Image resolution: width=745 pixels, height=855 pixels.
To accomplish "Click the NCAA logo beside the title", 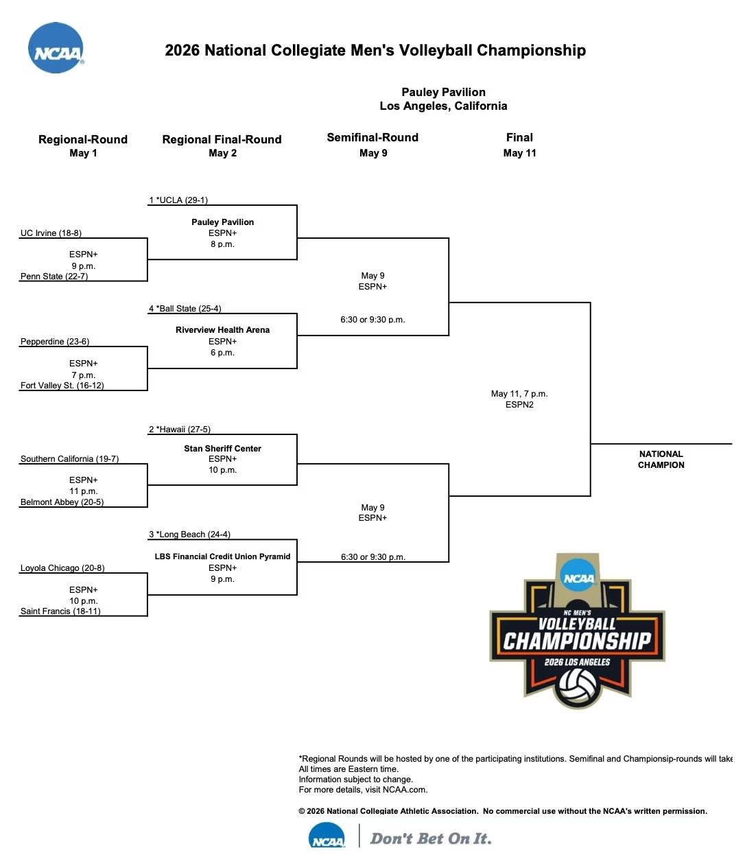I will pyautogui.click(x=56, y=48).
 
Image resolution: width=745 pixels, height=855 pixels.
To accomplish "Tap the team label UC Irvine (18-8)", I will pyautogui.click(x=51, y=233).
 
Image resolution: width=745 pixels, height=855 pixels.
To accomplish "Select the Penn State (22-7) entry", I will pyautogui.click(x=54, y=277).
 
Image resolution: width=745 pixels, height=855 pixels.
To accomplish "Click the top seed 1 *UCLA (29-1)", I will pyautogui.click(x=178, y=200).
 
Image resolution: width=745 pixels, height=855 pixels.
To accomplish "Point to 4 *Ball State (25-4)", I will pyautogui.click(x=185, y=309).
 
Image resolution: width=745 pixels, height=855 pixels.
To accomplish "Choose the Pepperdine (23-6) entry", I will pyautogui.click(x=55, y=342).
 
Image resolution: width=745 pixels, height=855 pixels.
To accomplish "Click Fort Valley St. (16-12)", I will pyautogui.click(x=62, y=386).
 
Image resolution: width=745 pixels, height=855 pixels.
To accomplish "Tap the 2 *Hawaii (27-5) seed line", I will pyautogui.click(x=180, y=430).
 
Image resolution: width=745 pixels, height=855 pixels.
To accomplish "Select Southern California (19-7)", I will pyautogui.click(x=69, y=459).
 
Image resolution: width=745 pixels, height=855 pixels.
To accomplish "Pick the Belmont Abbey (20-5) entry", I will pyautogui.click(x=62, y=502).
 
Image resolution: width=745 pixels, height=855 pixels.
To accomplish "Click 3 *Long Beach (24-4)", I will pyautogui.click(x=189, y=535).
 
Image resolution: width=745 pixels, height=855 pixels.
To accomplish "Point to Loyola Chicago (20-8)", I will pyautogui.click(x=62, y=568).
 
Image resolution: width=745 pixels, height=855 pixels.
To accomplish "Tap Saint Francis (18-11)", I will pyautogui.click(x=60, y=611).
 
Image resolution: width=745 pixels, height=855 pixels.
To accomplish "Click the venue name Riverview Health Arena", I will pyautogui.click(x=222, y=330).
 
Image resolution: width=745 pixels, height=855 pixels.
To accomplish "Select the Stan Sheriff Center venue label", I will pyautogui.click(x=222, y=449).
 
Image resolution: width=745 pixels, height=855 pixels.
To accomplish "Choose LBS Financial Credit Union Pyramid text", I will pyautogui.click(x=222, y=557).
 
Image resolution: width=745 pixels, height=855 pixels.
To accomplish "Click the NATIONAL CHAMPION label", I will pyautogui.click(x=661, y=460).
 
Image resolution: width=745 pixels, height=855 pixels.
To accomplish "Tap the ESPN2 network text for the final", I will pyautogui.click(x=519, y=405).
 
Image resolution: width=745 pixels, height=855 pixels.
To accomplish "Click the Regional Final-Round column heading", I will pyautogui.click(x=222, y=139).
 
